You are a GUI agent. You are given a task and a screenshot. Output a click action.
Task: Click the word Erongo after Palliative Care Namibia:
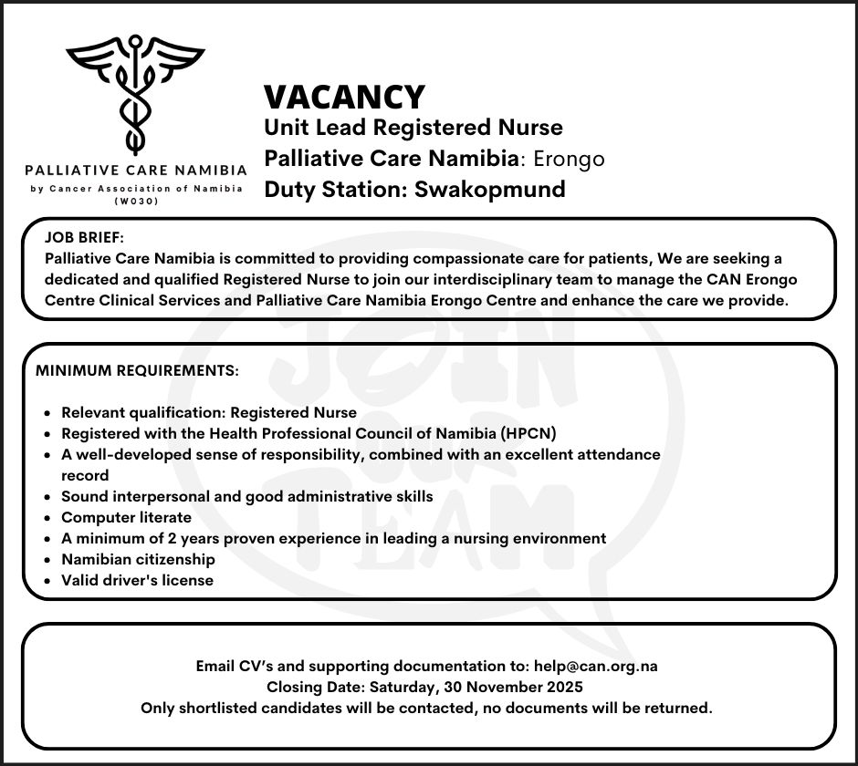tap(569, 159)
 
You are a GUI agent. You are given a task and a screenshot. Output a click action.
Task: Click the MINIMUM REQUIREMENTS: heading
tap(137, 372)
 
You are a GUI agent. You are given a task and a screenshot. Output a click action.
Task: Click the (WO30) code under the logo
tap(137, 201)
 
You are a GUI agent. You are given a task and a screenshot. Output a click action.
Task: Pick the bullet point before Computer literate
tap(47, 518)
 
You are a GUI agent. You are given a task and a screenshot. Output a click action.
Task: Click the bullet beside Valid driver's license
tap(47, 580)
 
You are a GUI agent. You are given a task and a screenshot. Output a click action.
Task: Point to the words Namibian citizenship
tap(138, 559)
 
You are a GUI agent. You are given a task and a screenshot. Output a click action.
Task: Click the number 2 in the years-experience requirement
tap(160, 538)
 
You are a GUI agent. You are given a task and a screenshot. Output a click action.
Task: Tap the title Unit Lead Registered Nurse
tap(413, 128)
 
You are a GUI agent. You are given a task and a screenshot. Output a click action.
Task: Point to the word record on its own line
tap(85, 475)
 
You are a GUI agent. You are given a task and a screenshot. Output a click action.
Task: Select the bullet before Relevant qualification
tap(47, 413)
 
